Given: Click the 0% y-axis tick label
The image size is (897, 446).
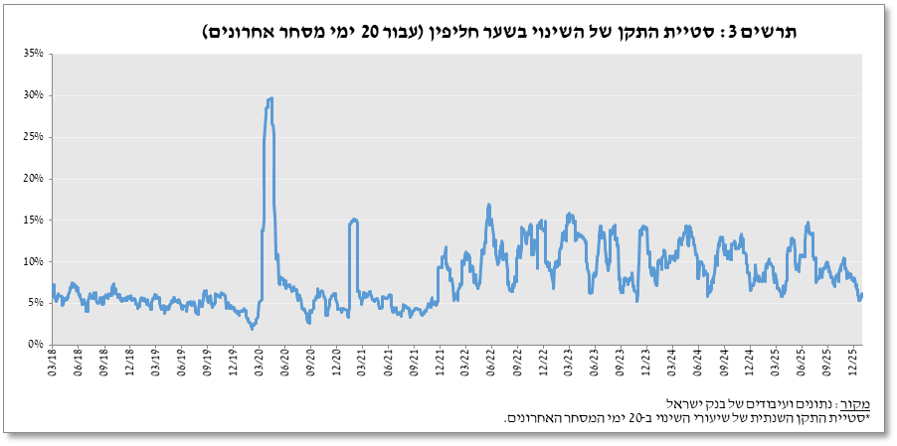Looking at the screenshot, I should coord(37,345).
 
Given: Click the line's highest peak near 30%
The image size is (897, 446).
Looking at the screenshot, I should coord(270,98).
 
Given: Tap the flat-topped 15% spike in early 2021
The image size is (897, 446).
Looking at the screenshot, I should coord(354,220).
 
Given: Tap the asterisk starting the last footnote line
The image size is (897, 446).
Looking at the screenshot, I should coord(866,418).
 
